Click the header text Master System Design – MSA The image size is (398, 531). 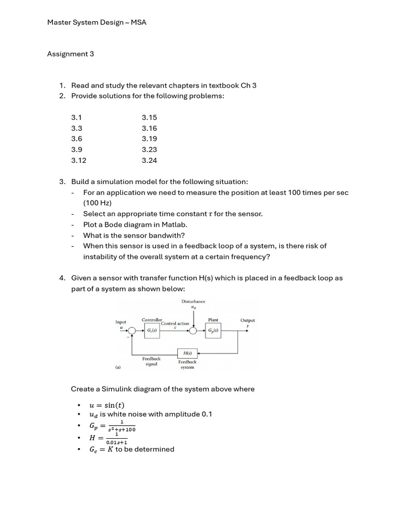pyautogui.click(x=97, y=22)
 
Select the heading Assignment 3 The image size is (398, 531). pyautogui.click(x=70, y=54)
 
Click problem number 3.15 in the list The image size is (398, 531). pyautogui.click(x=149, y=118)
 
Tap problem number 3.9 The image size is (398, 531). pyautogui.click(x=77, y=149)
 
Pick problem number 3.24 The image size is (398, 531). pyautogui.click(x=149, y=160)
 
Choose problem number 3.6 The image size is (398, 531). pyautogui.click(x=77, y=139)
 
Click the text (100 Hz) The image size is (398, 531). pyautogui.click(x=97, y=203)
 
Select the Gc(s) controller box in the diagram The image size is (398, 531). pyautogui.click(x=151, y=331)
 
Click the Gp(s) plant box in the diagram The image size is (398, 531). pyautogui.click(x=213, y=331)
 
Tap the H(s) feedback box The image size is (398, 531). pyautogui.click(x=187, y=353)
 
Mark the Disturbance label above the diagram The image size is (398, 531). pyautogui.click(x=193, y=301)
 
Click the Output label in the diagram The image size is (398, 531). pyautogui.click(x=247, y=320)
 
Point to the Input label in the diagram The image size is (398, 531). pyautogui.click(x=120, y=322)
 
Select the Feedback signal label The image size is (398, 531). pyautogui.click(x=151, y=361)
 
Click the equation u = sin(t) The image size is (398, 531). pyautogui.click(x=107, y=405)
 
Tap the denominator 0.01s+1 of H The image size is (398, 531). pyautogui.click(x=117, y=442)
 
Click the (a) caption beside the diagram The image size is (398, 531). pyautogui.click(x=118, y=367)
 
